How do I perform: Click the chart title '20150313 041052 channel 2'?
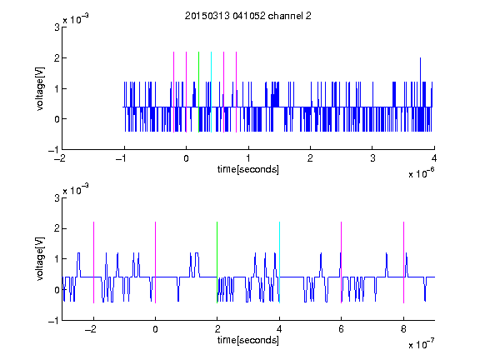pos(248,16)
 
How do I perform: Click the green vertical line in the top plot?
pos(198,92)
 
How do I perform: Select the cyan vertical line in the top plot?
pos(211,92)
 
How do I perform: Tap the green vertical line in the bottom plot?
pos(217,262)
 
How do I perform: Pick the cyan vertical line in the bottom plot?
pos(279,262)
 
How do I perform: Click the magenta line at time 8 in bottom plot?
pos(404,262)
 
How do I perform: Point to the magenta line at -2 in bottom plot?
pos(93,262)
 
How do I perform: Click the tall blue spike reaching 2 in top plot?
pos(420,82)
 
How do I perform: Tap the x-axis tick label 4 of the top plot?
pos(434,158)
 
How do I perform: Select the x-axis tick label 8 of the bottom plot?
pos(403,329)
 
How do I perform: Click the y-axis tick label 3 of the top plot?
pos(57,27)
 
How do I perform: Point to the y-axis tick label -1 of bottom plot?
pos(53,321)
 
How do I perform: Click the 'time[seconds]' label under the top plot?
pos(248,169)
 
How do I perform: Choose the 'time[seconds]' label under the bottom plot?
pos(248,340)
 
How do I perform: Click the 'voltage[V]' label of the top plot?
pos(40,88)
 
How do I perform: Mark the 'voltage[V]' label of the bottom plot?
pos(40,258)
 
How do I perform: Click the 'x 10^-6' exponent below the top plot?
pos(421,172)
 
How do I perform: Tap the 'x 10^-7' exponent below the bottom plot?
pos(421,343)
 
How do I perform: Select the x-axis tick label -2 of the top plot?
pos(59,158)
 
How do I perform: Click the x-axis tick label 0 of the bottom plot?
pos(155,329)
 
